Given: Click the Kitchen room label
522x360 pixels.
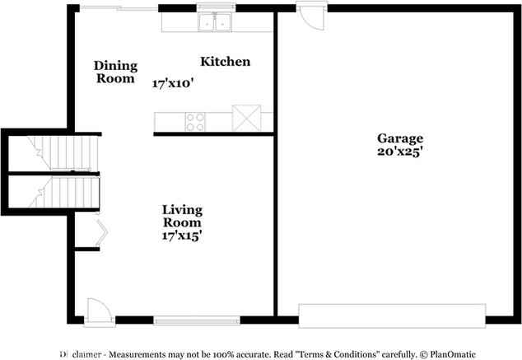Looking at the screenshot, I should (x=226, y=62).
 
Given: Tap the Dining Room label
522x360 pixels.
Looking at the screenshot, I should (x=115, y=72).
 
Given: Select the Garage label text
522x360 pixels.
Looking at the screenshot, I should (x=400, y=138).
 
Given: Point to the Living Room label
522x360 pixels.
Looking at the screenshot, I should (x=182, y=217).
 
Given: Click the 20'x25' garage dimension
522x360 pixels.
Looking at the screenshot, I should (x=400, y=152).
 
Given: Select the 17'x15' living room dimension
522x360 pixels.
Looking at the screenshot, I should (x=182, y=236).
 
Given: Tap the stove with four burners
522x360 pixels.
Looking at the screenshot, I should (x=196, y=121).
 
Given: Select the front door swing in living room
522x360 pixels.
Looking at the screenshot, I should (x=95, y=309).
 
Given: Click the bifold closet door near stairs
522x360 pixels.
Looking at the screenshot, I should (x=100, y=233).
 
